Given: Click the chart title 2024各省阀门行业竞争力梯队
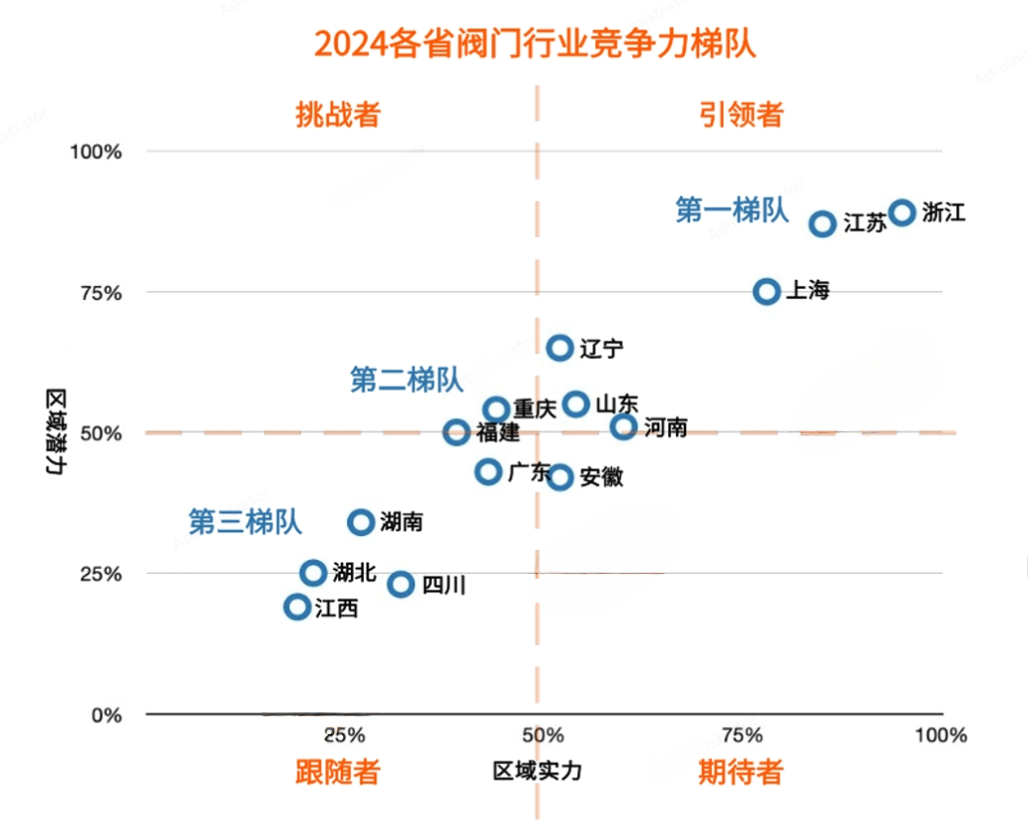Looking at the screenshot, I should (x=535, y=45).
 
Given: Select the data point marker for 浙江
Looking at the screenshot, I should (x=901, y=213).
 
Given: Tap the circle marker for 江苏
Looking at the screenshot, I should (x=822, y=224).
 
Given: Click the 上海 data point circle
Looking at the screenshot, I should (x=767, y=291).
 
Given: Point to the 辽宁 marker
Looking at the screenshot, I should (x=559, y=347).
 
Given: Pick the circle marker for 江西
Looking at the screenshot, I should (x=297, y=606).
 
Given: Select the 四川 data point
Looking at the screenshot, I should (x=400, y=584).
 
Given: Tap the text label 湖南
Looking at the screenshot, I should (x=401, y=521).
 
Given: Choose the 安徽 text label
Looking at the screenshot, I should (x=601, y=477).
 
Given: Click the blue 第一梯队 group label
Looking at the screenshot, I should (x=731, y=210).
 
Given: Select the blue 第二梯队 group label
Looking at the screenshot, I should (x=406, y=379).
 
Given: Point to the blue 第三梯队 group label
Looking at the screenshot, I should (x=245, y=521).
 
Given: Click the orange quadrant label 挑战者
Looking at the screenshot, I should (x=338, y=115).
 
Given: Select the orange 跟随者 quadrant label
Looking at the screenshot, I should (x=338, y=772).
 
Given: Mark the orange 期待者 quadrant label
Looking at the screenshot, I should (x=740, y=772).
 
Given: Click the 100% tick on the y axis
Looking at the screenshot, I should (x=95, y=151).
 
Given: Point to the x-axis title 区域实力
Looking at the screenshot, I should (x=537, y=772).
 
